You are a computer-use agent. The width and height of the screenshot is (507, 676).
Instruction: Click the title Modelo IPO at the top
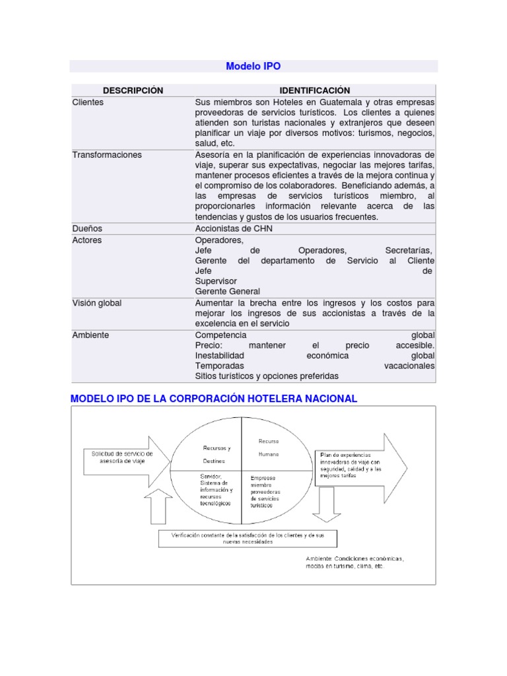[x=253, y=66]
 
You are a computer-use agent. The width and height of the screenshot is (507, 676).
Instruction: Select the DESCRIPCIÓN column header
[x=133, y=90]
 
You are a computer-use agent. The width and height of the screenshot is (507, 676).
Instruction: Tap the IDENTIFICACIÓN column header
[x=314, y=90]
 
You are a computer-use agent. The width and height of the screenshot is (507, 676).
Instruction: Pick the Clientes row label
[x=88, y=102]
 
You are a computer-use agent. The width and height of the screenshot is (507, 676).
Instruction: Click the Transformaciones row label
[x=107, y=154]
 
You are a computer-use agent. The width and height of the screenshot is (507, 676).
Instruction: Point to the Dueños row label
[x=87, y=228]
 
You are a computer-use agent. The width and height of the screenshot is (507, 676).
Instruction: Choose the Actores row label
[x=87, y=240]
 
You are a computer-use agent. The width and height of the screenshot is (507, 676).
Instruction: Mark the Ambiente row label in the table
[x=90, y=335]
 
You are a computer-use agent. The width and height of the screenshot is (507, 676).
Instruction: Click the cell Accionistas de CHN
[x=234, y=228]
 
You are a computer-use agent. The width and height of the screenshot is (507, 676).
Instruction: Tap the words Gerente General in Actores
[x=228, y=291]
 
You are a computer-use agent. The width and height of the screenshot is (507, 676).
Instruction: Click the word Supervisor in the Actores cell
[x=216, y=281]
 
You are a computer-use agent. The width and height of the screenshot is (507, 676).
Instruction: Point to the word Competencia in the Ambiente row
[x=220, y=335]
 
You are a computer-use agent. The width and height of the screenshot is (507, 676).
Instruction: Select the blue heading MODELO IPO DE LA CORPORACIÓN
[x=214, y=398]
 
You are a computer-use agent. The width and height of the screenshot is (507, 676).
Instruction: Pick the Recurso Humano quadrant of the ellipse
[x=269, y=448]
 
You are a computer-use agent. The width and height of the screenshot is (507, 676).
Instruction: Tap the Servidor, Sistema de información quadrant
[x=215, y=490]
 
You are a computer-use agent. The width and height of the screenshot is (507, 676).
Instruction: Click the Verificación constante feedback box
[x=248, y=538]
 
